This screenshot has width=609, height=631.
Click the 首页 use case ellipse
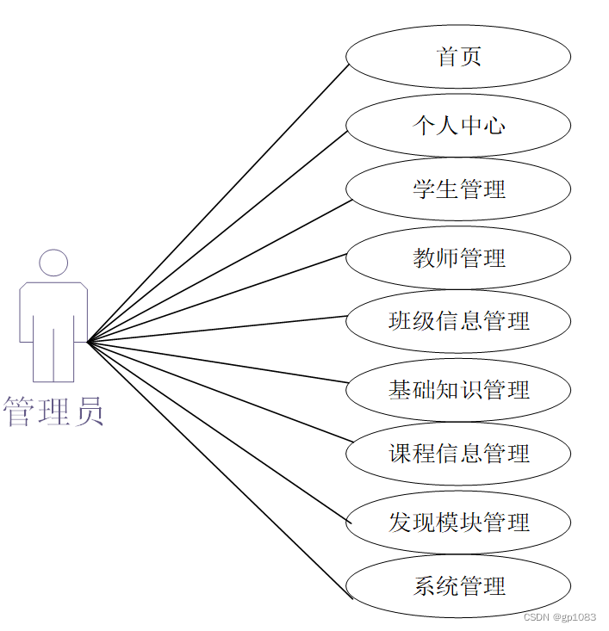458,57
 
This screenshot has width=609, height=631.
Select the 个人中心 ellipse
458,126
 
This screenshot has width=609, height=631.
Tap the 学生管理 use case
458,189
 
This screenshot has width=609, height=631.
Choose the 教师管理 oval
458,257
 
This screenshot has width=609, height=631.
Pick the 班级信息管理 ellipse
458,321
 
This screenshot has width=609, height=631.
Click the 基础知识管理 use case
458,390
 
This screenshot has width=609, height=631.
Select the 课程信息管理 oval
458,454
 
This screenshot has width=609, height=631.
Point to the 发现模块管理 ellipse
458,522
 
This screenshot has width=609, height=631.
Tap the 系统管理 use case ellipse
458,586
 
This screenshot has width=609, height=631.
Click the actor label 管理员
53,411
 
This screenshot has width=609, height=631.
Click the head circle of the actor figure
53,263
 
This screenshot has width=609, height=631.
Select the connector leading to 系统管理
219,468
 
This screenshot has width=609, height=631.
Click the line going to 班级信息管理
219,329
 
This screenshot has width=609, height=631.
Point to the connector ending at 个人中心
219,237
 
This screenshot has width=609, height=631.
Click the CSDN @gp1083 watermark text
560,617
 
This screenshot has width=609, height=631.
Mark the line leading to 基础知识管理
219,362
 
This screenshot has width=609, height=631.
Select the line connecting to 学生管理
219,271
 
